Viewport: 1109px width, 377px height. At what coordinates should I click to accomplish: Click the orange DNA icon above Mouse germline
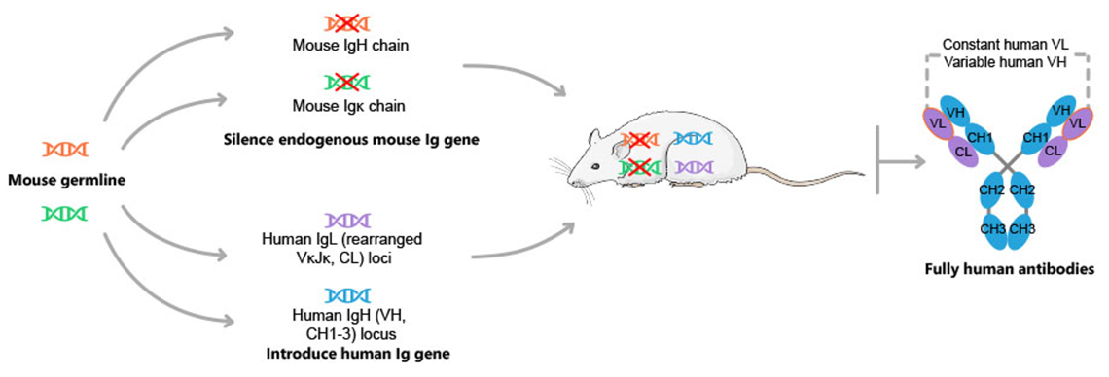[64, 149]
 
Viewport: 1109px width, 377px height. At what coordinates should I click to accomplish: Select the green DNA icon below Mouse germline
[64, 212]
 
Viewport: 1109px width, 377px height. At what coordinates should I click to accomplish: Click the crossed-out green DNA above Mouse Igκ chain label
[347, 84]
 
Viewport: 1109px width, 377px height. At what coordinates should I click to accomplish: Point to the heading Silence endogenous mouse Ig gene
[347, 140]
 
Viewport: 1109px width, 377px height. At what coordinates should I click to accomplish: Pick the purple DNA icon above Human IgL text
[347, 220]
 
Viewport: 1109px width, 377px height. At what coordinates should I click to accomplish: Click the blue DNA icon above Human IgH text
[347, 295]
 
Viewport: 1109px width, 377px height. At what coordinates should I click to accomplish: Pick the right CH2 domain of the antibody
[1021, 189]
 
